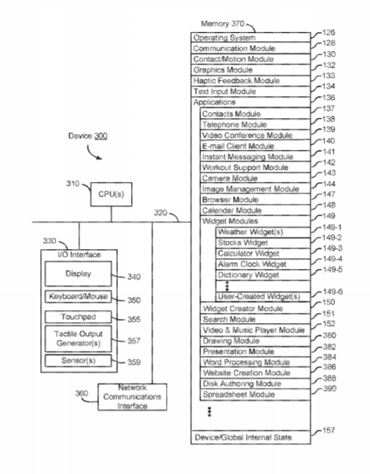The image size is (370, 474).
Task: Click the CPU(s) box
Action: point(111,194)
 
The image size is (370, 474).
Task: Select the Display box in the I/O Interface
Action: point(78,274)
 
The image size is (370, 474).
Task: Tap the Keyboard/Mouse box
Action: point(78,296)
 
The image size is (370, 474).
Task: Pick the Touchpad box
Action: point(78,317)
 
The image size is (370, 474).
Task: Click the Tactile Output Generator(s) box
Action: point(78,338)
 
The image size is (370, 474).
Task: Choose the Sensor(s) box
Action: point(78,360)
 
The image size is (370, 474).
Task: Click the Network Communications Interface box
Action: point(132,397)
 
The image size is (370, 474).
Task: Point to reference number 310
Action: point(73,184)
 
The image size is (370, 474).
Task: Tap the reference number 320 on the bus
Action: point(161,213)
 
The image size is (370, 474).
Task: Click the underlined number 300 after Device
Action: point(100,136)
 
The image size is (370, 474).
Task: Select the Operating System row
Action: point(250,37)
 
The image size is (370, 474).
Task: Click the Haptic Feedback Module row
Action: point(250,81)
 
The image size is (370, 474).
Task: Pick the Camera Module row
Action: point(255,178)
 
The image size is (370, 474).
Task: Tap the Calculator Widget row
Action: point(263,253)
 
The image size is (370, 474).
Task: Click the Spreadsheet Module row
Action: point(255,395)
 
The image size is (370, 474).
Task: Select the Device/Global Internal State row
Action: point(250,437)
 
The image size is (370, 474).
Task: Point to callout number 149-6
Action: point(333,292)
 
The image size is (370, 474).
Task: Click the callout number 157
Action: point(329,430)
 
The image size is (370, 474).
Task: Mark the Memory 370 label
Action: point(222,24)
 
